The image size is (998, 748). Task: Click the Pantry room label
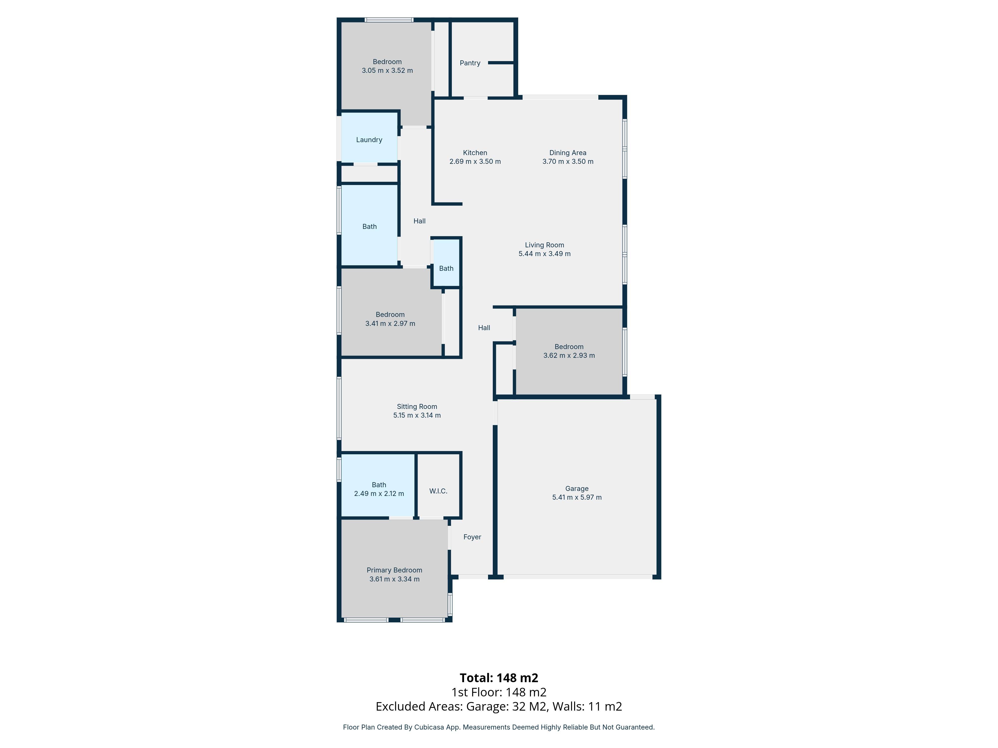(x=470, y=63)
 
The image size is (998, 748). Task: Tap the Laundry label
(x=369, y=140)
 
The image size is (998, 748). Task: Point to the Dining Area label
(x=568, y=153)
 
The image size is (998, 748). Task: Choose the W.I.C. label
(x=438, y=491)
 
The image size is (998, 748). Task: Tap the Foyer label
(x=472, y=537)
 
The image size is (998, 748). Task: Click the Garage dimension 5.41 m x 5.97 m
(x=577, y=497)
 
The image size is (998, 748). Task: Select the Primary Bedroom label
(x=394, y=570)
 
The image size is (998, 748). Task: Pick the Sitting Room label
(x=417, y=407)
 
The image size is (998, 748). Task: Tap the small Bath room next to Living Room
(x=446, y=268)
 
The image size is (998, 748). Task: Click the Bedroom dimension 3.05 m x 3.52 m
(x=387, y=70)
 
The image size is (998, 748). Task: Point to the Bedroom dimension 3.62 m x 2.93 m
(x=569, y=355)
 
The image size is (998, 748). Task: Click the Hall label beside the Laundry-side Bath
(x=419, y=221)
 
